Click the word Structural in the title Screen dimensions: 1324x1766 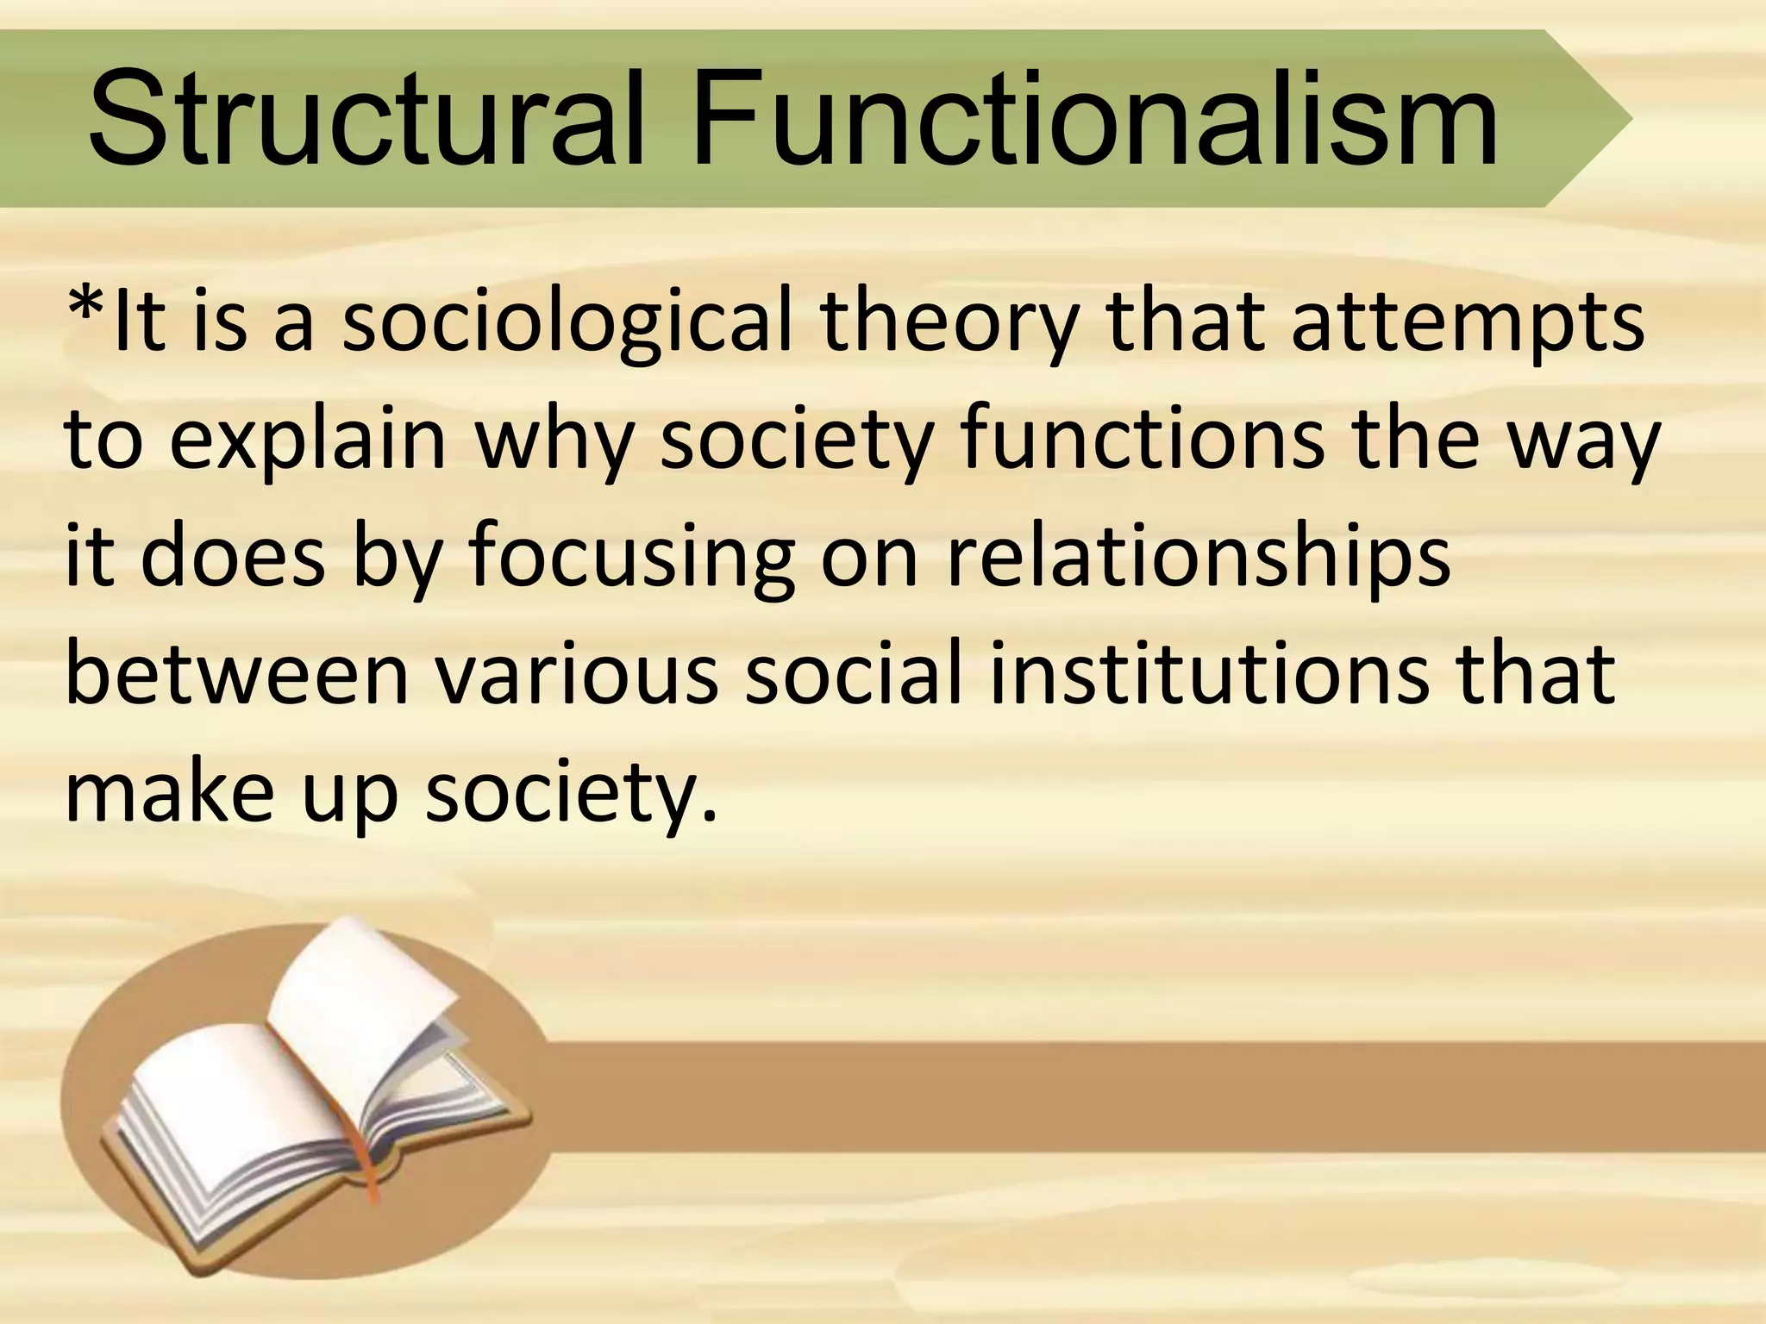[x=366, y=121]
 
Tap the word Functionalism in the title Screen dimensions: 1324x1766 [x=1095, y=121]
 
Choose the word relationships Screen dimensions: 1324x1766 [x=1199, y=558]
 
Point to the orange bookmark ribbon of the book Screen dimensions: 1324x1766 [x=366, y=1155]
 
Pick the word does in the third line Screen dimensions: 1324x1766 [x=233, y=558]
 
